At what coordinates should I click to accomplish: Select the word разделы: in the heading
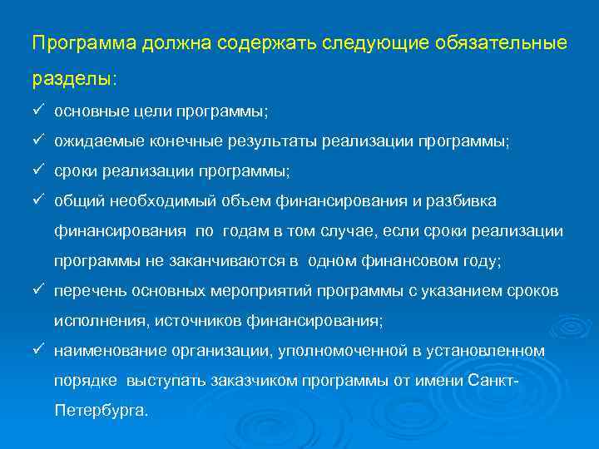pos(75,79)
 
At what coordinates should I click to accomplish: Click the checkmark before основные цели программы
pos(38,111)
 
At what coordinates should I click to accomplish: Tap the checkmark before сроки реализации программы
pos(38,170)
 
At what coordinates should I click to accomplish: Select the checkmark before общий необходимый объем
pos(38,200)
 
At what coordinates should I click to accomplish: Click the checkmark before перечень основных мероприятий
pos(38,290)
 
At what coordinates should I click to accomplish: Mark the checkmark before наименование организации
pos(38,350)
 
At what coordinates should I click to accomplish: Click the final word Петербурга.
pos(101,410)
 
